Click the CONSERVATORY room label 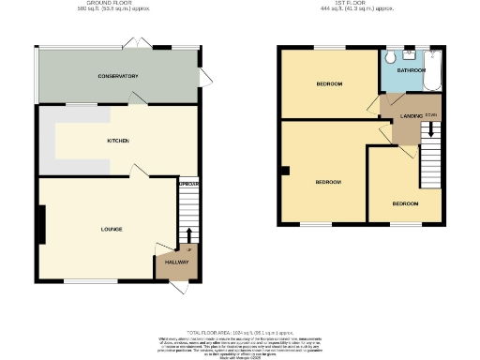(x=117, y=76)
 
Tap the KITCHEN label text (x=117, y=142)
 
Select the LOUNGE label (x=112, y=229)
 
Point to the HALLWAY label (x=177, y=262)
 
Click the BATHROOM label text (x=411, y=70)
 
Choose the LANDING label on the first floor (x=412, y=115)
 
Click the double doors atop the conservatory (x=135, y=44)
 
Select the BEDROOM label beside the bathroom (x=328, y=84)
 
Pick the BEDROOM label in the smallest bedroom (x=405, y=203)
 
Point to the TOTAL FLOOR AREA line (x=240, y=333)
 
